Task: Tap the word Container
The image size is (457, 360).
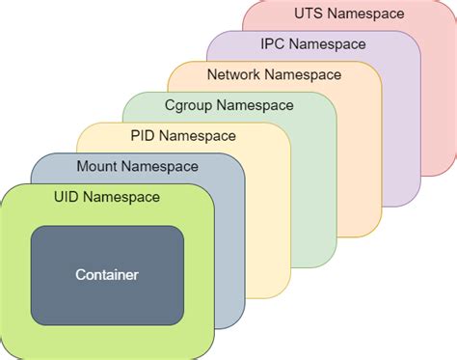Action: [107, 275]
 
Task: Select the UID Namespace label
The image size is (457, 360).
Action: [107, 197]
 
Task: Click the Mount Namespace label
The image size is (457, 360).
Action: [137, 166]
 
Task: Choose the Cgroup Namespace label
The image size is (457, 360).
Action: [229, 104]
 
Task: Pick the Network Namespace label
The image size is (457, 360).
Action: [275, 73]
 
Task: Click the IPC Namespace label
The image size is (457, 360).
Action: [313, 43]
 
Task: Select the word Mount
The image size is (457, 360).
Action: [96, 166]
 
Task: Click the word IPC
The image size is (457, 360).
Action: [273, 43]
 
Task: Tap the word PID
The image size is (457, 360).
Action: [144, 135]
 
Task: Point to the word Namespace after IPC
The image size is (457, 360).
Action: [328, 43]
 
